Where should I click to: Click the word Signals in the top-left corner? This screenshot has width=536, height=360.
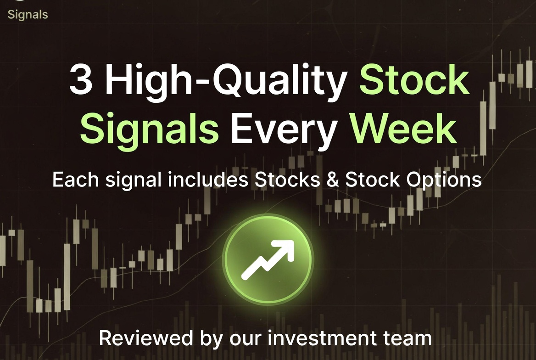(28, 15)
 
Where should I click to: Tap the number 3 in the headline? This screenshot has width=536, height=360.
(81, 80)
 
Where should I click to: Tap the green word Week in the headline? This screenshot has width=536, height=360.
(403, 128)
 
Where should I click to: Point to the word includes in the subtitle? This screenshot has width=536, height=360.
(208, 180)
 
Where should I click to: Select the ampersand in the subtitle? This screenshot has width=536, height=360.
(333, 180)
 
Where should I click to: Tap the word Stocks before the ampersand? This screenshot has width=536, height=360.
(287, 180)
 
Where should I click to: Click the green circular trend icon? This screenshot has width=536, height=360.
(268, 259)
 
